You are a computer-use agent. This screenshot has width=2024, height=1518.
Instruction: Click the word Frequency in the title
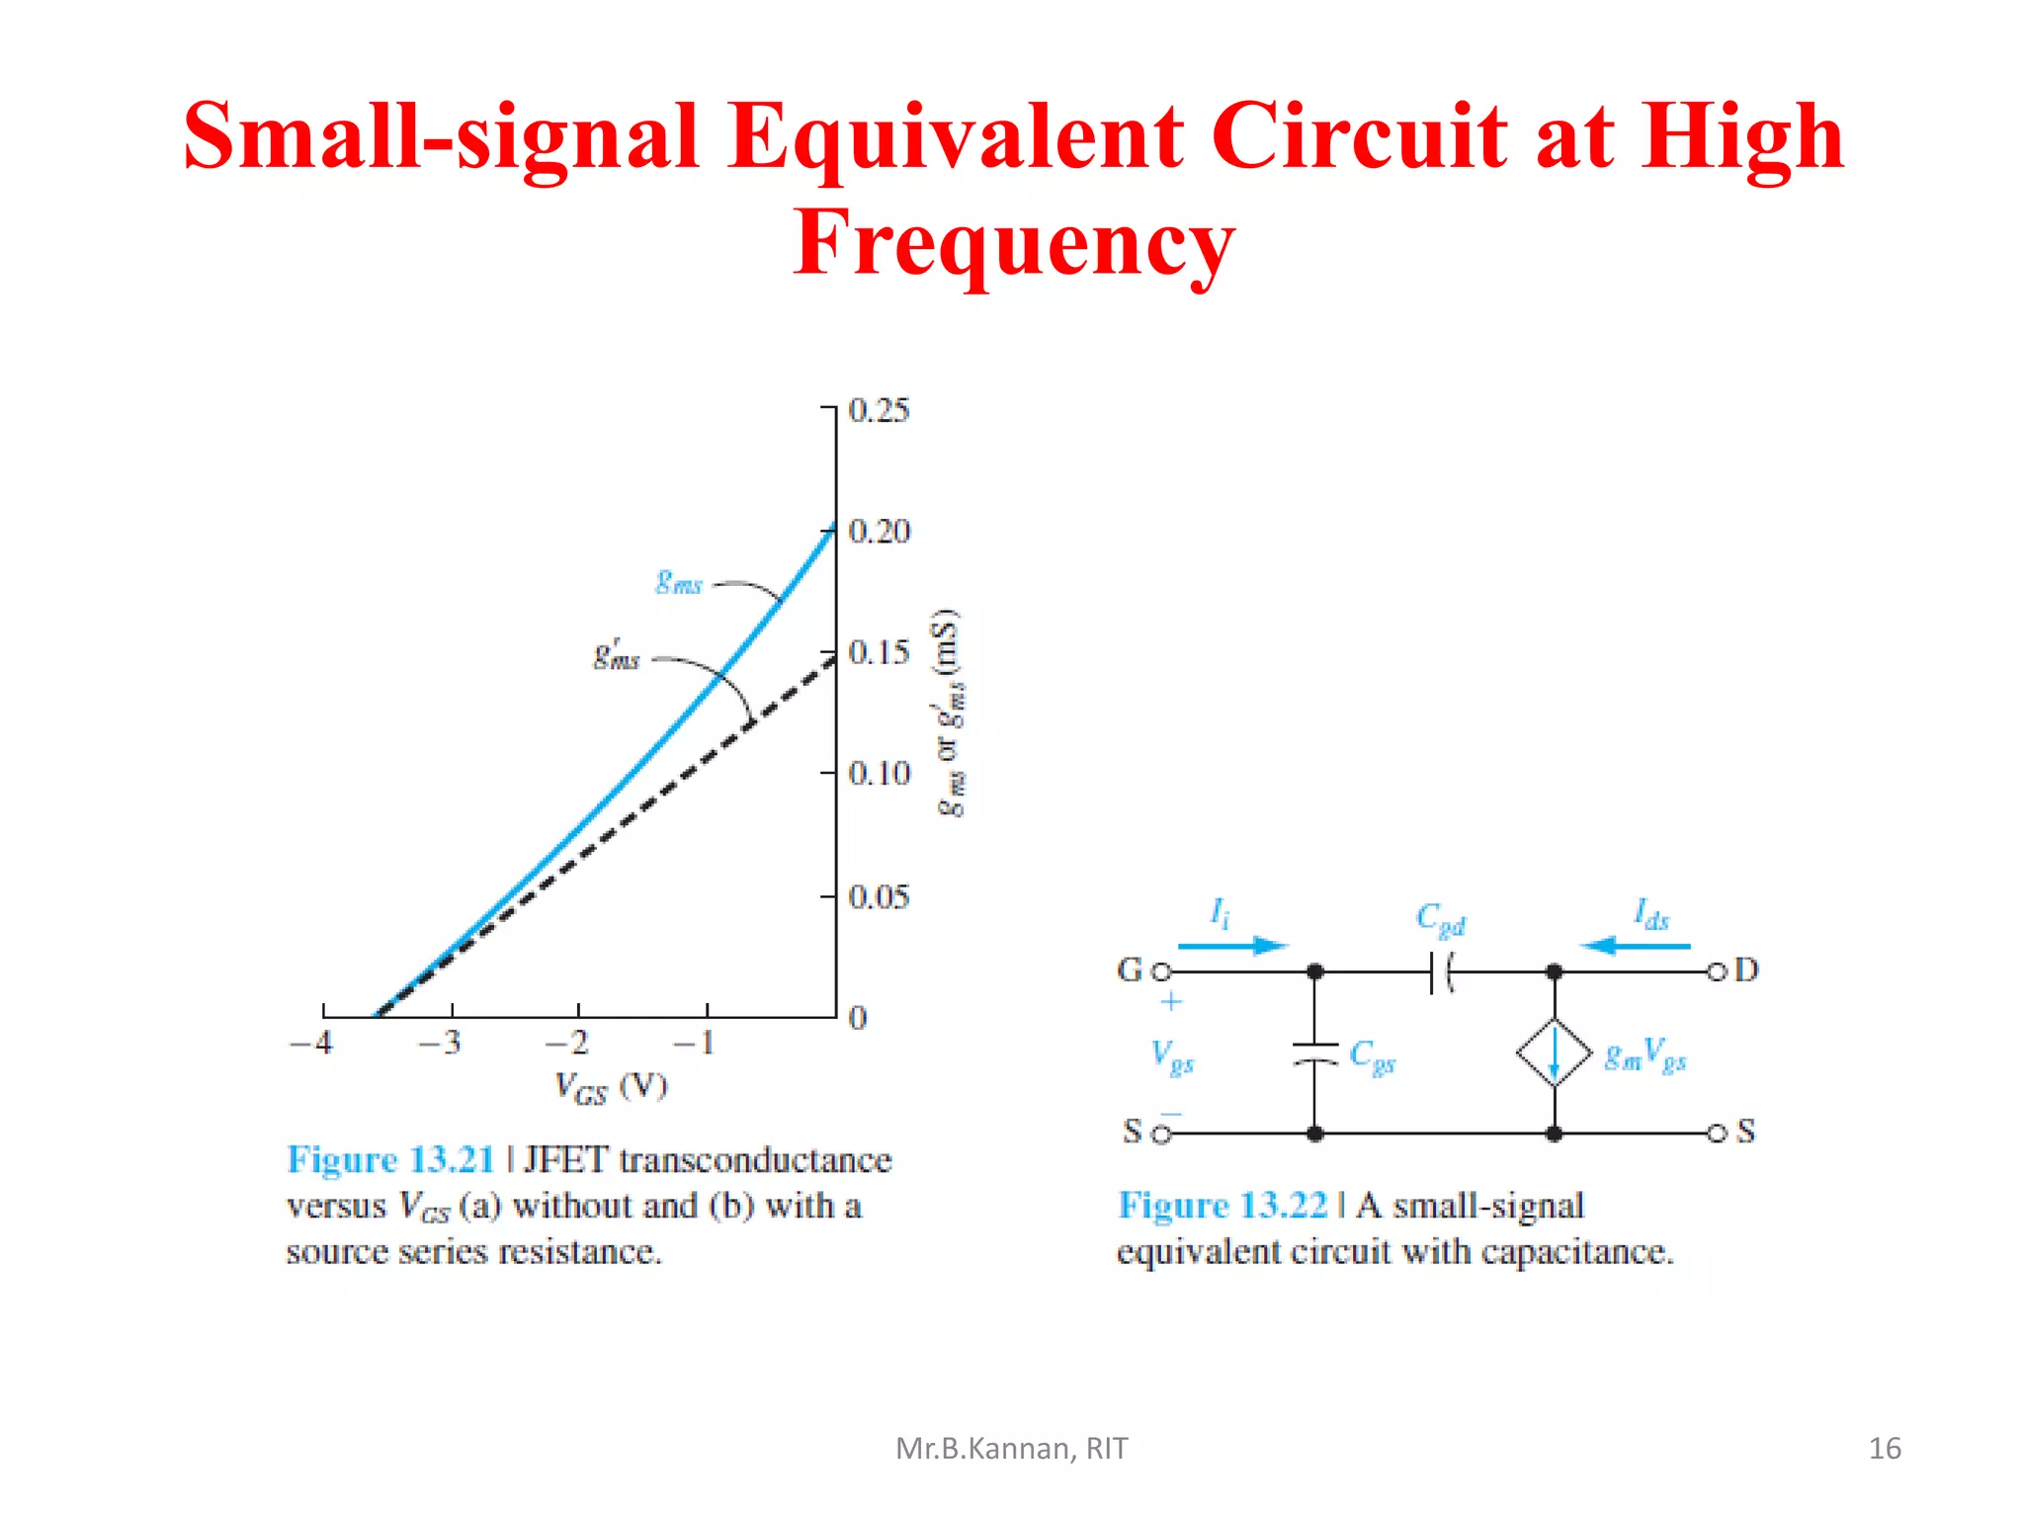[x=1013, y=243]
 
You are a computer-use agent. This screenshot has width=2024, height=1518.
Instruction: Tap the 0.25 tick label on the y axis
[x=879, y=410]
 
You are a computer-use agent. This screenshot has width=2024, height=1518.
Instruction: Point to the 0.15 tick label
[x=879, y=652]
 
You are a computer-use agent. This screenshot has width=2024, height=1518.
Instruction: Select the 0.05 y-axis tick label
[x=879, y=896]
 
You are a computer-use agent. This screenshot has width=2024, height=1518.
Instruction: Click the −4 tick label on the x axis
[x=311, y=1043]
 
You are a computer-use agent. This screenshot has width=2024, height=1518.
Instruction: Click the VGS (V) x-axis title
[x=611, y=1087]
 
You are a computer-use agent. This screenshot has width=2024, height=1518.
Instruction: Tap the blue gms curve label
[x=679, y=582]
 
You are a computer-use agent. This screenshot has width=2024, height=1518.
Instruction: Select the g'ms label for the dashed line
[x=617, y=655]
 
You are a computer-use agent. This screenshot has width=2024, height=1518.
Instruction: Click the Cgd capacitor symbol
[x=1442, y=972]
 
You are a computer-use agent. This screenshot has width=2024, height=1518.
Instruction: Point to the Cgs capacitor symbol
[x=1314, y=1054]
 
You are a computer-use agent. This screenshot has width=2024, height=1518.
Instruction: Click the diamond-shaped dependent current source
[x=1554, y=1054]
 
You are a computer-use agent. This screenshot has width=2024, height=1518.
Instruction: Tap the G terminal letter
[x=1129, y=970]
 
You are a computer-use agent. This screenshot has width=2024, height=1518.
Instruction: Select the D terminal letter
[x=1746, y=970]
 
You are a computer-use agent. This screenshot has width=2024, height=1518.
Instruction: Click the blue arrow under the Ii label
[x=1233, y=946]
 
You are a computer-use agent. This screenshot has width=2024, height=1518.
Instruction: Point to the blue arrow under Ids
[x=1636, y=946]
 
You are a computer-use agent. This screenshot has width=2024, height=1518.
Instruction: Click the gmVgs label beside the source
[x=1644, y=1055]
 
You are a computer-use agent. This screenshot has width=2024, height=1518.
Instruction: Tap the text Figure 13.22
[x=1223, y=1205]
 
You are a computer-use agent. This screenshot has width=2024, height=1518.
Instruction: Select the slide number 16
[x=1885, y=1448]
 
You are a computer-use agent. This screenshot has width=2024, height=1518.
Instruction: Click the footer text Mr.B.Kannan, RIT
[x=1011, y=1448]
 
